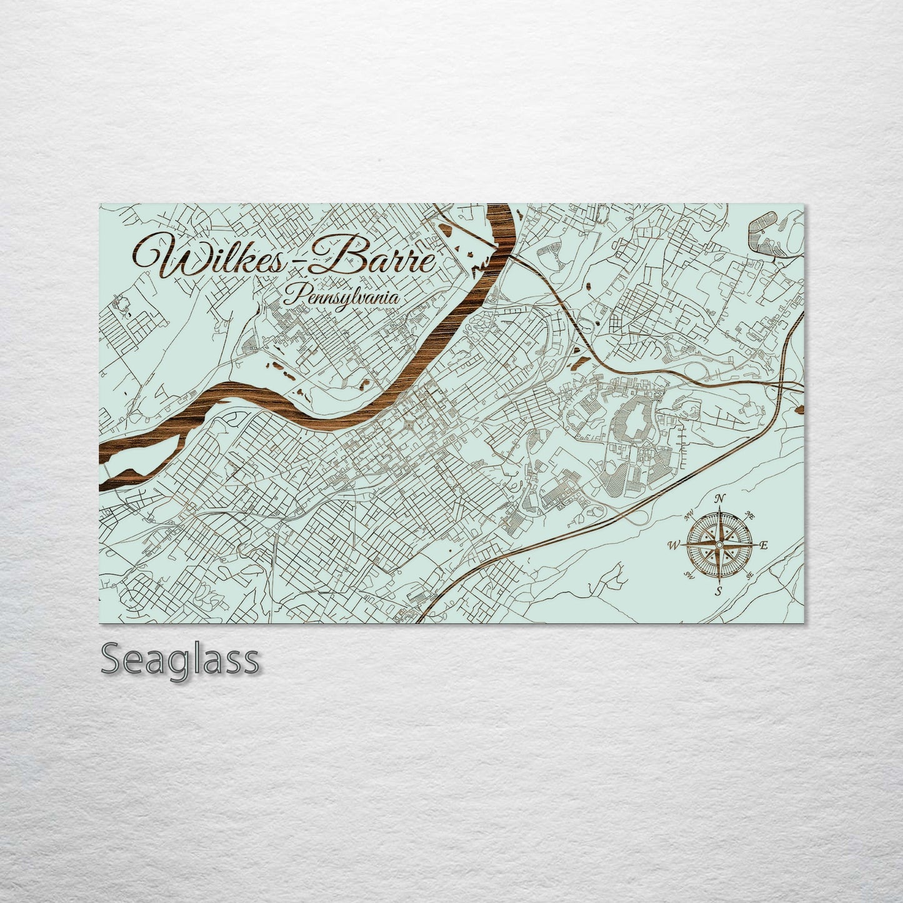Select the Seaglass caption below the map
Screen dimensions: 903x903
click(x=179, y=659)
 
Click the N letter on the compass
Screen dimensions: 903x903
click(x=720, y=498)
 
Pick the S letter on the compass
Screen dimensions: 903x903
click(x=719, y=591)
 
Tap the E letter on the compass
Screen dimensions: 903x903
click(x=762, y=546)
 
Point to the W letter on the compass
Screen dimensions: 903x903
click(x=674, y=546)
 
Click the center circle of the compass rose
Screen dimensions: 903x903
click(x=719, y=546)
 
